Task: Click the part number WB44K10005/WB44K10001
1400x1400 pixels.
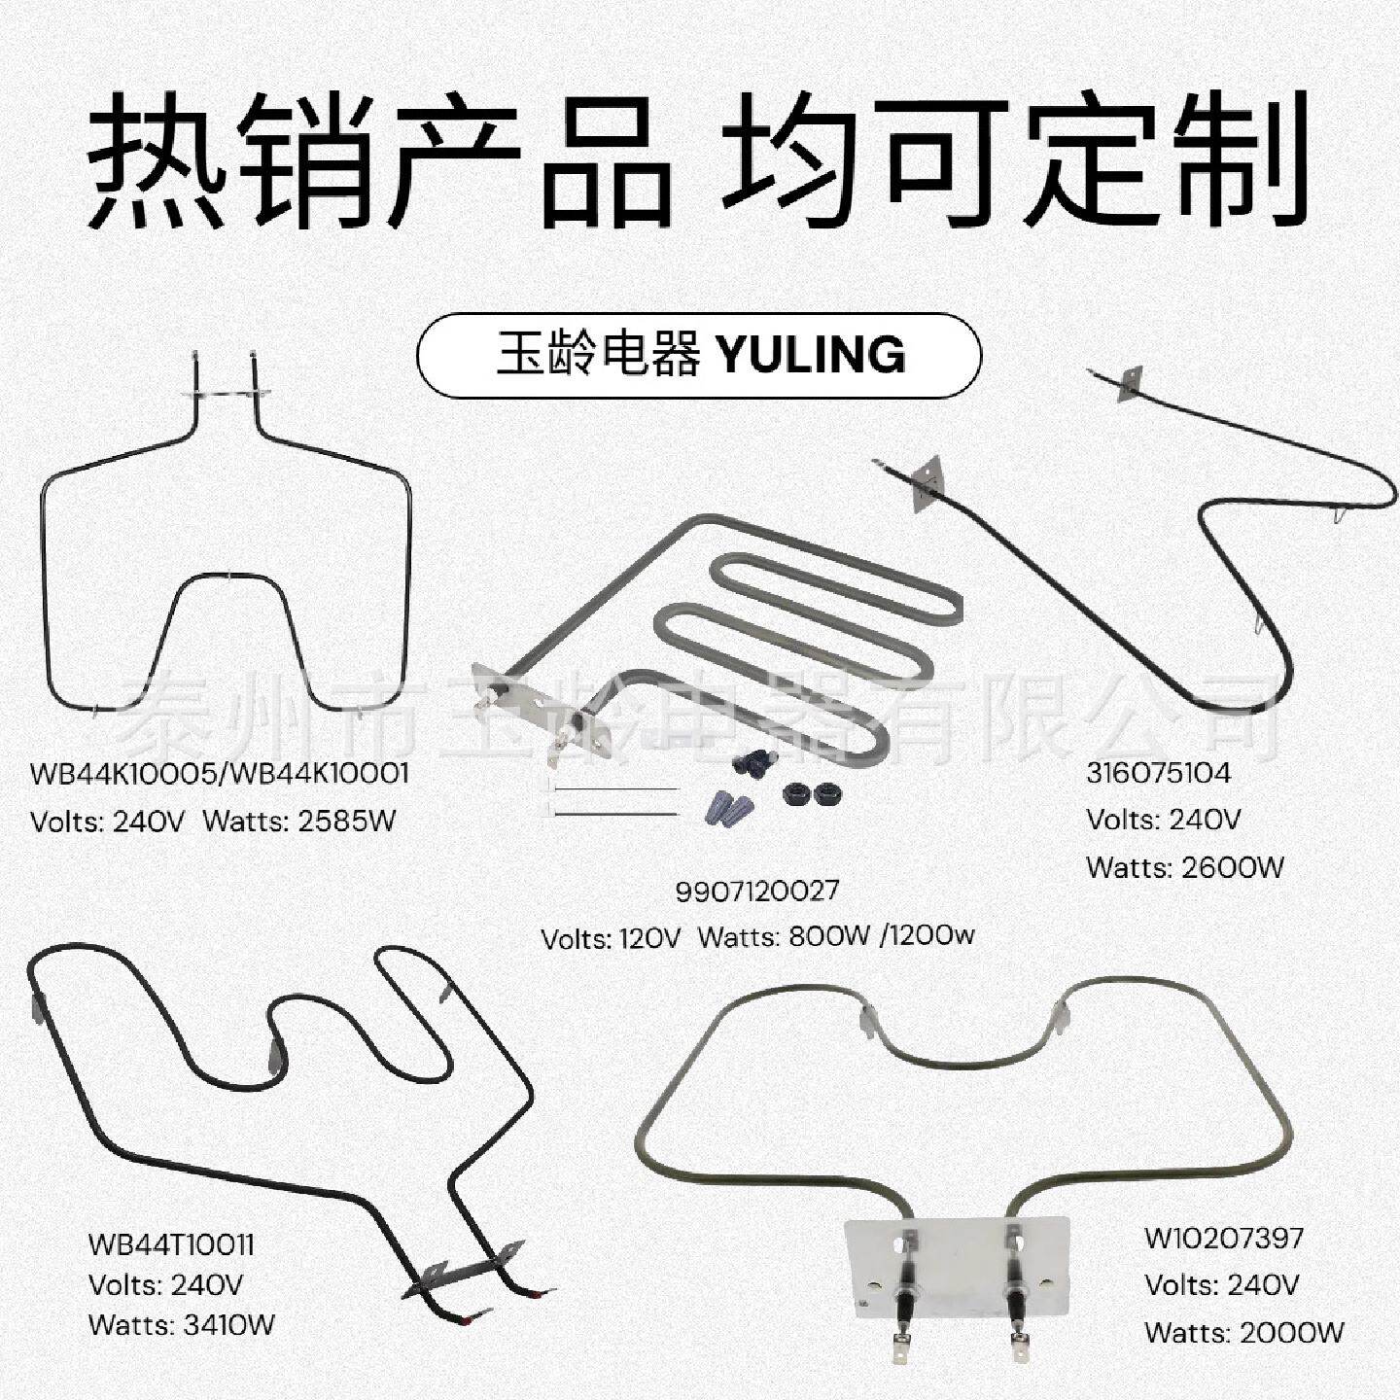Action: click(x=220, y=774)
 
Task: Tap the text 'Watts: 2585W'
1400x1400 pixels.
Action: click(x=299, y=822)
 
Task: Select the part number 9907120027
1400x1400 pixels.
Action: click(x=756, y=891)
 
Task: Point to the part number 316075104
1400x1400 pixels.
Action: click(x=1158, y=773)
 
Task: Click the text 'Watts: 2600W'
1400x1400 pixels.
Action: click(x=1185, y=866)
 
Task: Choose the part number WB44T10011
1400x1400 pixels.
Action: click(x=171, y=1244)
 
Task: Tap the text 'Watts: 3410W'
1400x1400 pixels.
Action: click(x=182, y=1324)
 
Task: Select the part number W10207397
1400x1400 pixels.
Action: click(x=1224, y=1239)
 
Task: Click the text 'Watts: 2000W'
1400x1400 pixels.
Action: click(x=1244, y=1332)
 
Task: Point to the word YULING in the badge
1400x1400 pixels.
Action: click(x=811, y=355)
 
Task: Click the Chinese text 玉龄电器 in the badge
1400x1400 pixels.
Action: click(x=598, y=355)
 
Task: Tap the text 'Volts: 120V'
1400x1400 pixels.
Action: click(x=611, y=938)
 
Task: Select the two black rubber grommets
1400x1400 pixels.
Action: click(x=812, y=792)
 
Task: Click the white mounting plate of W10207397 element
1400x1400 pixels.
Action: click(x=958, y=1264)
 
